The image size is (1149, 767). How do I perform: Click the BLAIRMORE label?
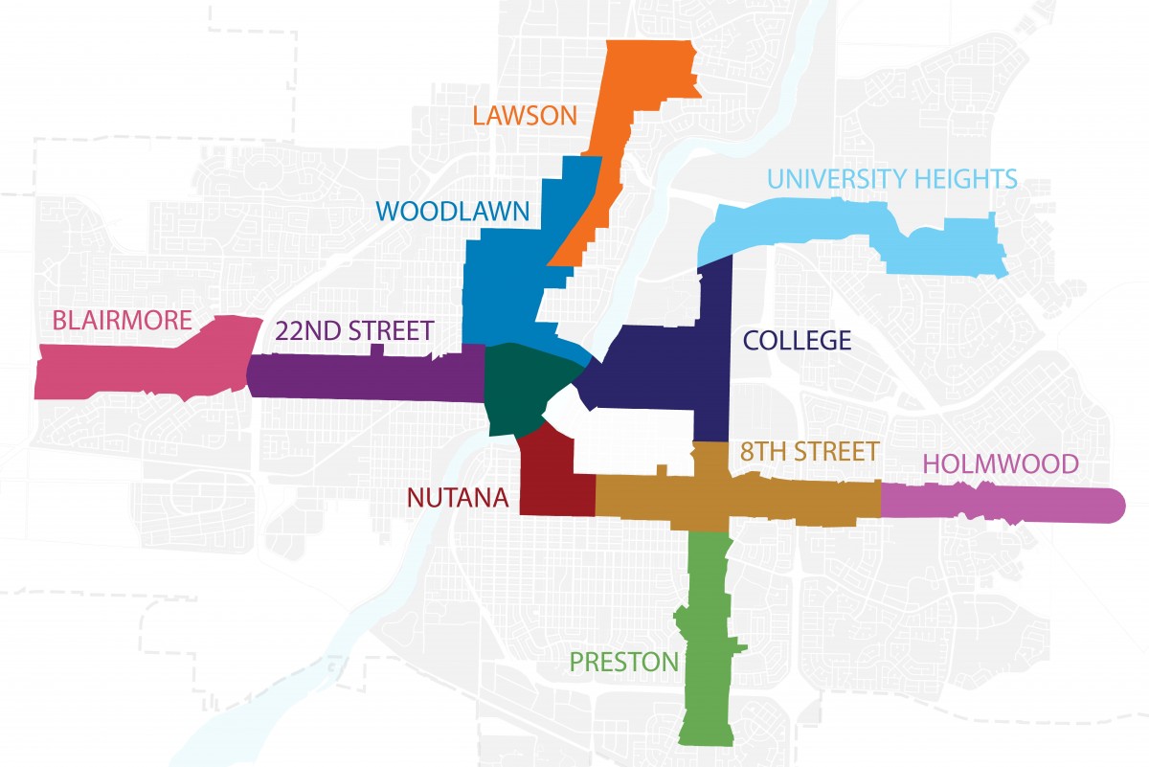coord(122,321)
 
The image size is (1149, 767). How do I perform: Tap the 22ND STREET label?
coord(354,331)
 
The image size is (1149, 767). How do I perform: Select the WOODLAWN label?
coord(452,211)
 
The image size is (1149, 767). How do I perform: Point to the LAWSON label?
coord(526,116)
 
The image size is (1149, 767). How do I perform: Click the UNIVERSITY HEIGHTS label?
coord(891,178)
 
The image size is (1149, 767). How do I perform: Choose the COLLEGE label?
coord(798,340)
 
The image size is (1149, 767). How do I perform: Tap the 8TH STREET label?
coord(809,450)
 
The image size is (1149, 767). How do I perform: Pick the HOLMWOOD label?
coord(1001,464)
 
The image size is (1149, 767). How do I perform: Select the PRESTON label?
coord(623,661)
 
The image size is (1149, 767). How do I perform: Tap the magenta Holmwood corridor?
coord(1005,503)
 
